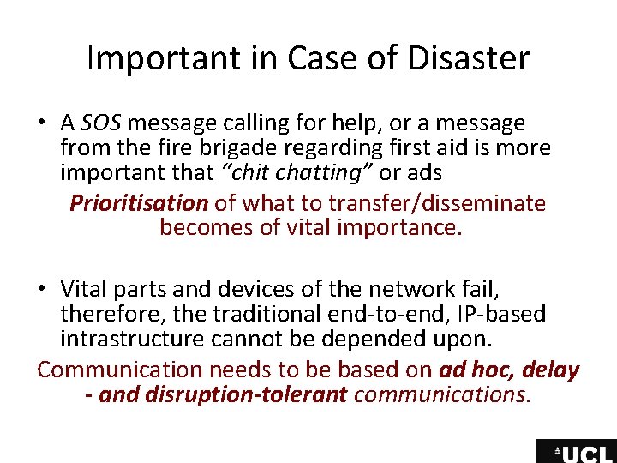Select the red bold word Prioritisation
(139, 204)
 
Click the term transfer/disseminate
(444, 204)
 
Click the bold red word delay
(552, 370)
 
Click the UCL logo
(576, 452)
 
